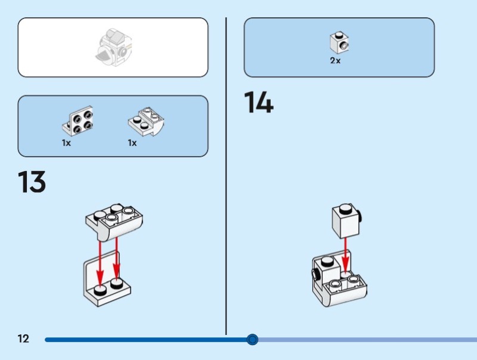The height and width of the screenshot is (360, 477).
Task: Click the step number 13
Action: pyautogui.click(x=32, y=182)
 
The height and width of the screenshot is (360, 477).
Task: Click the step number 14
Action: pyautogui.click(x=259, y=102)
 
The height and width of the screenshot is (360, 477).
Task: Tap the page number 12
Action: pyautogui.click(x=23, y=339)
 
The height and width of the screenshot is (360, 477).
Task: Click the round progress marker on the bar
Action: pyautogui.click(x=252, y=339)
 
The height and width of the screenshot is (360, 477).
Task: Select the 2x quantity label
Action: pyautogui.click(x=335, y=61)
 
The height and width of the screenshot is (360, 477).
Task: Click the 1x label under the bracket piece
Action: pyautogui.click(x=66, y=142)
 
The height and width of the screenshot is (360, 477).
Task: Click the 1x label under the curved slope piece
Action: pyautogui.click(x=132, y=142)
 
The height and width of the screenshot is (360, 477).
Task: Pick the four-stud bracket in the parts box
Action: pyautogui.click(x=78, y=121)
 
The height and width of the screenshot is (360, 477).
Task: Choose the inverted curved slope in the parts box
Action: pyautogui.click(x=146, y=122)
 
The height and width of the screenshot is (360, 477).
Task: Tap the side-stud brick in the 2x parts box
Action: pyautogui.click(x=339, y=42)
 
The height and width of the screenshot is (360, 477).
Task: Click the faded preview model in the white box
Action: pyautogui.click(x=113, y=47)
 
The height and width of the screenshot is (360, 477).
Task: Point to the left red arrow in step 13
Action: pyautogui.click(x=100, y=263)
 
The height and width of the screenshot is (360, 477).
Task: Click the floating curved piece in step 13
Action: pyautogui.click(x=114, y=222)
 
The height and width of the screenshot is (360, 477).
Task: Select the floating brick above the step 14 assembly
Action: pyautogui.click(x=346, y=221)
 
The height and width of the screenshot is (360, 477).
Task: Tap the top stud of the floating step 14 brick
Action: pyautogui.click(x=345, y=209)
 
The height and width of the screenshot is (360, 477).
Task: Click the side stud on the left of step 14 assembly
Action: pyautogui.click(x=315, y=275)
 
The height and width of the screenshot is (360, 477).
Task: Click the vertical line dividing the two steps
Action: pyautogui.click(x=226, y=176)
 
